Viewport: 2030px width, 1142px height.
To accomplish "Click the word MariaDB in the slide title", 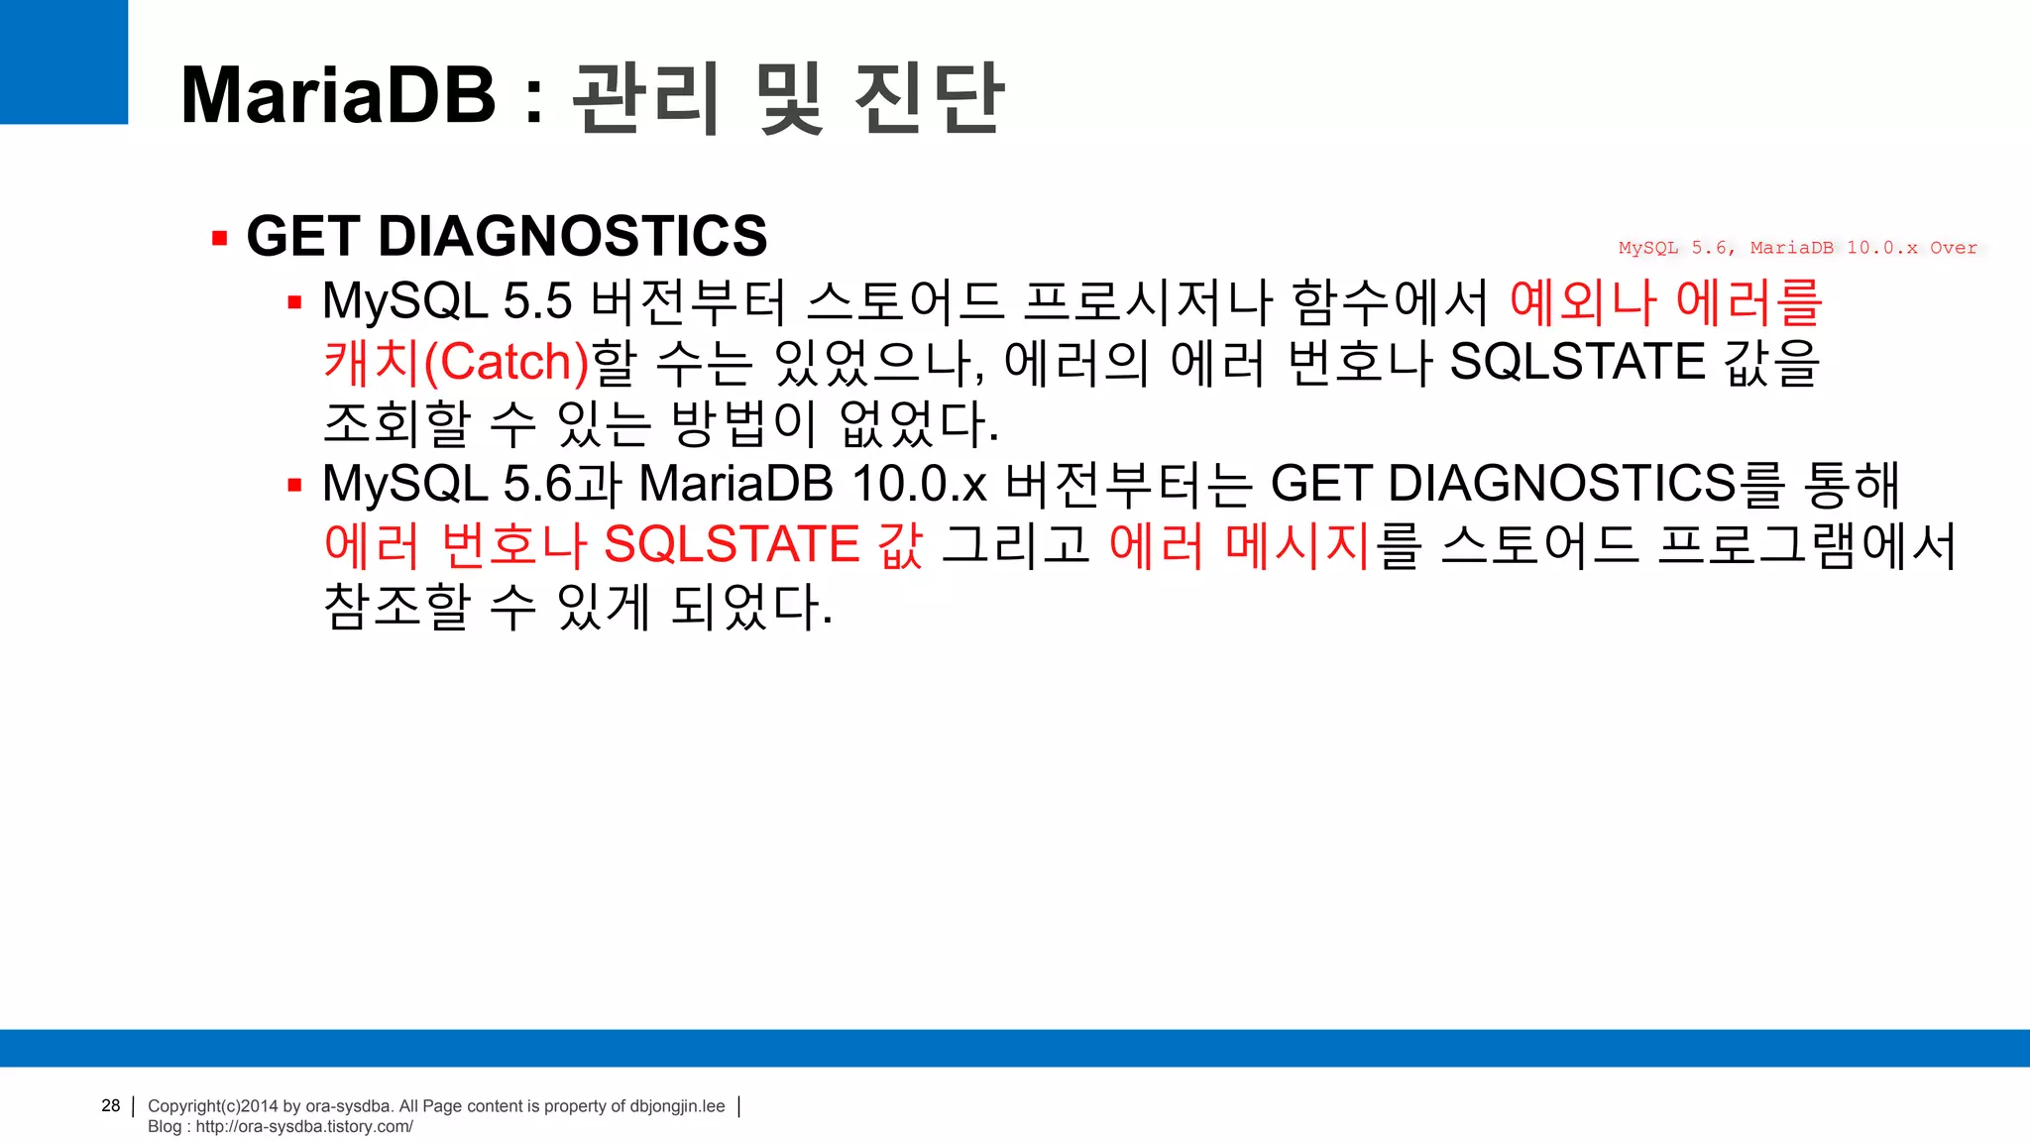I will pyautogui.click(x=338, y=95).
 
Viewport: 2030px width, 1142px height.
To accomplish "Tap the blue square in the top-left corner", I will pyautogui.click(x=63, y=61).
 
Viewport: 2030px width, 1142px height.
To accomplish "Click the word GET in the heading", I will pyautogui.click(x=302, y=236).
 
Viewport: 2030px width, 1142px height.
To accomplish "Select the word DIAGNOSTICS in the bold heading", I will pyautogui.click(x=573, y=236).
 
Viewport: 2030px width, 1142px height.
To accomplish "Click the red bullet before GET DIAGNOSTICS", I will pyautogui.click(x=220, y=238).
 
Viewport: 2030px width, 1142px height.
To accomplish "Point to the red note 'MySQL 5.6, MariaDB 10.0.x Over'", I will pyautogui.click(x=1797, y=248).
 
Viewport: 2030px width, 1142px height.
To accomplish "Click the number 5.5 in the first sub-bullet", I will pyautogui.click(x=537, y=301).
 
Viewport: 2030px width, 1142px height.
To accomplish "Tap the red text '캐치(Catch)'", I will pyautogui.click(x=457, y=362).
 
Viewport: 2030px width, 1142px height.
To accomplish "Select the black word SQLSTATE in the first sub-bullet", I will pyautogui.click(x=1576, y=362).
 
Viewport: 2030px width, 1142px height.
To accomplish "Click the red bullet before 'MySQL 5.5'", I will pyautogui.click(x=294, y=302).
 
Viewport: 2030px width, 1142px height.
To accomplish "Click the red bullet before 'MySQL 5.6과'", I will pyautogui.click(x=294, y=485).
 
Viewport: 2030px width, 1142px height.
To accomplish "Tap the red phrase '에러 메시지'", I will pyautogui.click(x=1239, y=545).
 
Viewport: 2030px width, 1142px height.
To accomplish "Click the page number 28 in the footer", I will pyautogui.click(x=110, y=1105).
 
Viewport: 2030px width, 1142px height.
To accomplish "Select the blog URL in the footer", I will pyautogui.click(x=303, y=1126).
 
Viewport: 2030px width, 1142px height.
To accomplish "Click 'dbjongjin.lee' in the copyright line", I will pyautogui.click(x=677, y=1106).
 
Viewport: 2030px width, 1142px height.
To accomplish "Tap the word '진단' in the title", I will pyautogui.click(x=929, y=96).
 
